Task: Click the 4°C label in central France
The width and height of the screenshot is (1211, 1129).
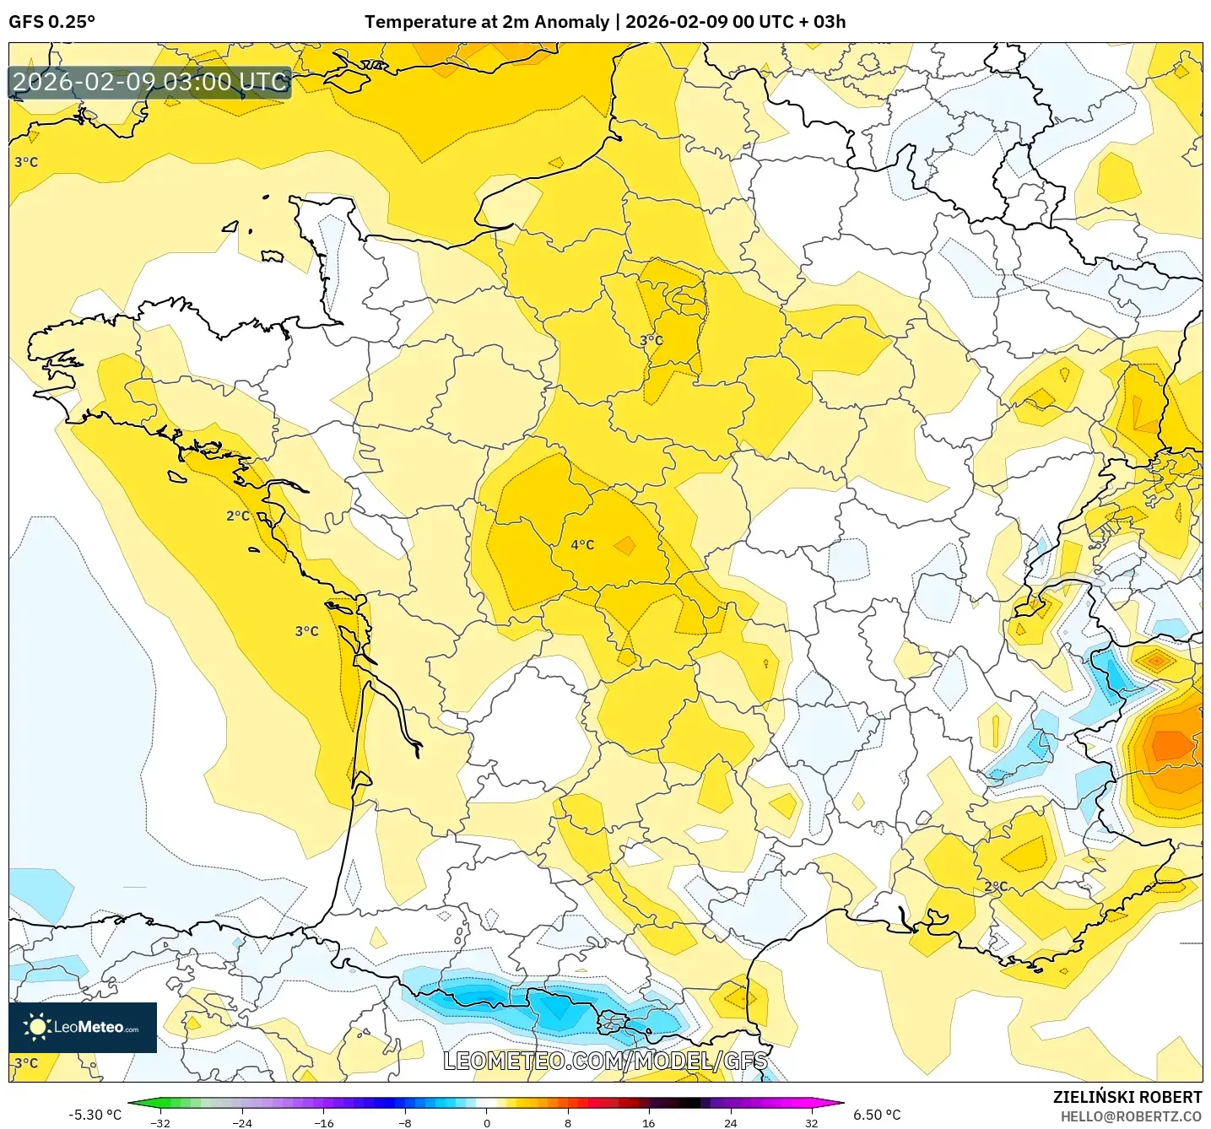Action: [582, 545]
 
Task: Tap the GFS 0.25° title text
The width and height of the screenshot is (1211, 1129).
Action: [51, 22]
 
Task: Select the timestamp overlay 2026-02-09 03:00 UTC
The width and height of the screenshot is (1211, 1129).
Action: [150, 83]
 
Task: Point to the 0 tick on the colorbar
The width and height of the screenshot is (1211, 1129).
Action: [486, 1122]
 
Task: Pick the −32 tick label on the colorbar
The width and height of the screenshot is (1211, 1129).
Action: [159, 1122]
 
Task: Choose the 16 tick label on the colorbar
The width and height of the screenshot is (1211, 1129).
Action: [648, 1122]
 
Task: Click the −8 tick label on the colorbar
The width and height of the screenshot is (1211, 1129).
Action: [404, 1122]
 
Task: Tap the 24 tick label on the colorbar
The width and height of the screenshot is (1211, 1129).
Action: [730, 1122]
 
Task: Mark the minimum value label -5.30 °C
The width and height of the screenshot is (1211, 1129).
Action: [95, 1115]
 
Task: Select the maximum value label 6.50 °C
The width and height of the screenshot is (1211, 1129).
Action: [877, 1115]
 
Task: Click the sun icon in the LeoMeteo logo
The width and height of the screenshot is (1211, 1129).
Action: [37, 1027]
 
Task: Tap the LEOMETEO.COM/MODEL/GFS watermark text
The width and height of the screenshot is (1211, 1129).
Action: [605, 1061]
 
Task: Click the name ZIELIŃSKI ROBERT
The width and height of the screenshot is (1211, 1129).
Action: [1127, 1097]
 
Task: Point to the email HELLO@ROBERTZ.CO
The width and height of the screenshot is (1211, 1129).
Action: [1131, 1116]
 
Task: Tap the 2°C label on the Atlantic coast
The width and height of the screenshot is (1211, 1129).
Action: [238, 516]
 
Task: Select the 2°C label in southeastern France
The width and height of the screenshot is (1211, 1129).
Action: [996, 887]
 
